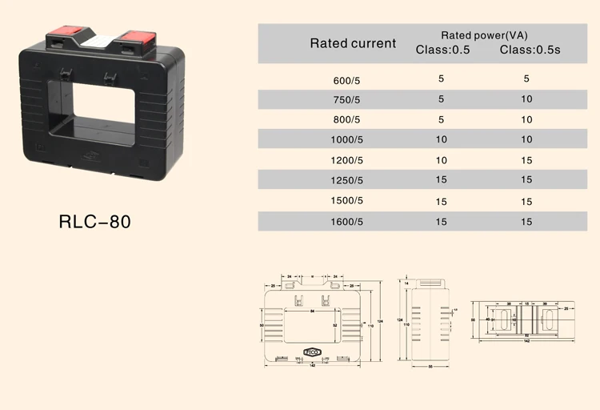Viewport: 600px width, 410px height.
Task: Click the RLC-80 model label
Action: pos(94,221)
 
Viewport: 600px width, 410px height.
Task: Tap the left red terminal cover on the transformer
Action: pos(62,36)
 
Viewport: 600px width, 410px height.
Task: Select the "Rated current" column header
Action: pos(353,43)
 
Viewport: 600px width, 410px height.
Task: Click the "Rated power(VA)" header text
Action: pos(485,35)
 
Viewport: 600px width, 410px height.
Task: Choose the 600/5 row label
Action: pos(347,80)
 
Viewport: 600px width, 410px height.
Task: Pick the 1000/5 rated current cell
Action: pos(347,140)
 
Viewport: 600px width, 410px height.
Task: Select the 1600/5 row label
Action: pos(347,220)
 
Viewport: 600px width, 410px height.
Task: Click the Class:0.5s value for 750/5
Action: pos(526,99)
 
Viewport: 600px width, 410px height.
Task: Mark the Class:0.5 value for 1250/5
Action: pos(442,180)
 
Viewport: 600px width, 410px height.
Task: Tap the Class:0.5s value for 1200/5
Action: pos(526,160)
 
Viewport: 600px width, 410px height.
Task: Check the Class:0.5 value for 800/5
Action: pos(442,119)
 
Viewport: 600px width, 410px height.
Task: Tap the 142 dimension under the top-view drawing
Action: pos(526,341)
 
